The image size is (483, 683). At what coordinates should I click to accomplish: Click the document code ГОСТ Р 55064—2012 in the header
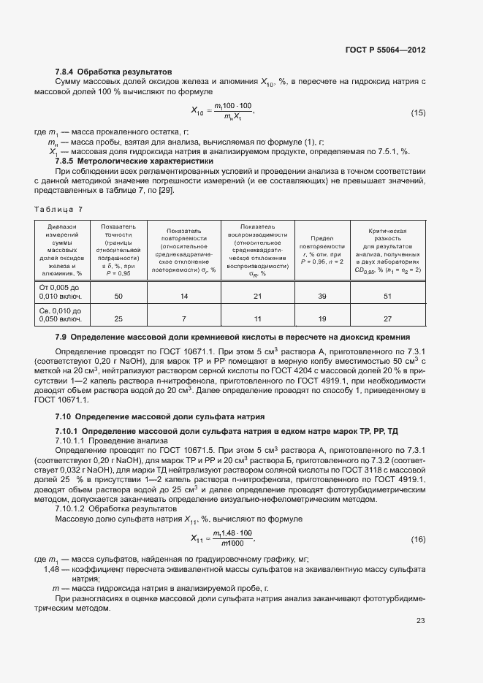click(x=385, y=50)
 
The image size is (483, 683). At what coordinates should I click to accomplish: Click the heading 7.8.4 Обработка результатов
click(x=113, y=72)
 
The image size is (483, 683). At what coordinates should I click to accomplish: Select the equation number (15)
click(x=418, y=112)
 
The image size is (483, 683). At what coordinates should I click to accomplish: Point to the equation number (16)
click(x=418, y=539)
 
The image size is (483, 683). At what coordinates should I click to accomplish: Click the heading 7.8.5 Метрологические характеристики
click(x=134, y=161)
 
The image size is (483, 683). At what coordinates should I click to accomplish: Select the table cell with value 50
click(x=118, y=296)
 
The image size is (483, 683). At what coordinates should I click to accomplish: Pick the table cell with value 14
click(x=183, y=296)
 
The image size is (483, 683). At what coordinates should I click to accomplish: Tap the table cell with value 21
click(x=256, y=296)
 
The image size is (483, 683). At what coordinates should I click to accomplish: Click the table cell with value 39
click(x=322, y=296)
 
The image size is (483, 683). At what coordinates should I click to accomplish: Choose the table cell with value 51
click(x=387, y=296)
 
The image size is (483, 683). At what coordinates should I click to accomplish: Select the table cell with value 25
click(x=118, y=319)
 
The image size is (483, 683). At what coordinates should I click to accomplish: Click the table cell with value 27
click(x=387, y=319)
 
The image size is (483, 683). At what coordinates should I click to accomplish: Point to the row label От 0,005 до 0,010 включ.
click(x=61, y=291)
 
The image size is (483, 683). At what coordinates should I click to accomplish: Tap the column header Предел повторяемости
click(x=322, y=249)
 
